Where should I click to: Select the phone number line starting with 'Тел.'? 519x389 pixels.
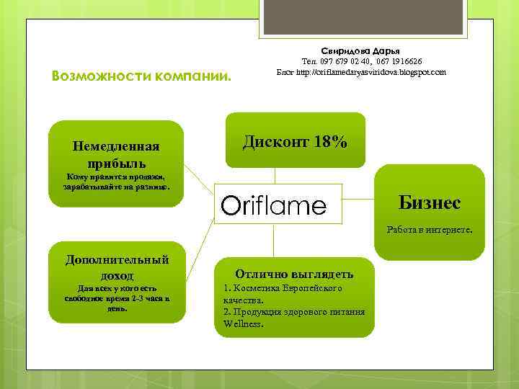(361, 62)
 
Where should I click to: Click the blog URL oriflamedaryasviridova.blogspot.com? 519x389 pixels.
(361, 72)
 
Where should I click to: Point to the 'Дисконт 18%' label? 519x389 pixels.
(295, 142)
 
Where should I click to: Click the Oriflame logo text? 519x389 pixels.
(273, 206)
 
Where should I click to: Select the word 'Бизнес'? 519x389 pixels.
(429, 203)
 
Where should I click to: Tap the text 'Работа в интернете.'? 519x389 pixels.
(429, 231)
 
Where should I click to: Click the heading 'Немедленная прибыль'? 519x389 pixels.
(116, 154)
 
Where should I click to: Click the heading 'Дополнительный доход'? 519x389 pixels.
(117, 267)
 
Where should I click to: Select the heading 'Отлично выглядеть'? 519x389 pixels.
(294, 274)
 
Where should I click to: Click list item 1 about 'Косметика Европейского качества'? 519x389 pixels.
(283, 293)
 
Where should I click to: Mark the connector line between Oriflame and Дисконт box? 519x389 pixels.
(274, 177)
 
